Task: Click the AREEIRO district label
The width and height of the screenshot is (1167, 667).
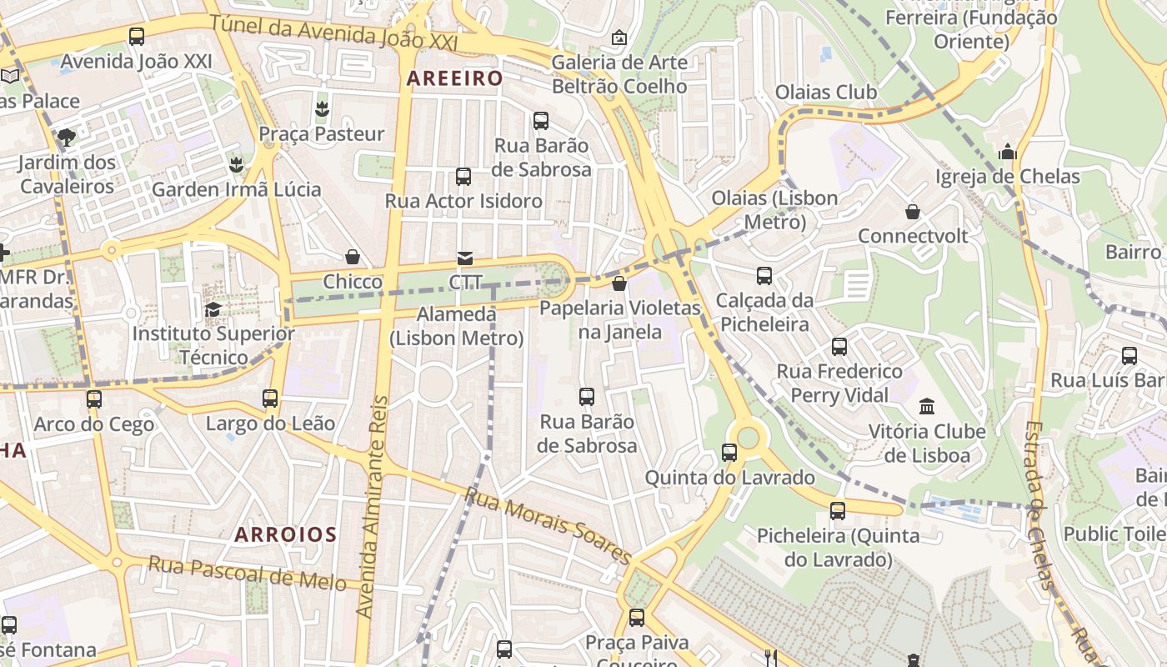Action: pos(454,79)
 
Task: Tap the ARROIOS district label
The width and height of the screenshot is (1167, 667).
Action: pos(285,534)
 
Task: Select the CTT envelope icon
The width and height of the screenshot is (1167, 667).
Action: pos(465,258)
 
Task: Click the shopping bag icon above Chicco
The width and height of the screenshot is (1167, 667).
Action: pos(353,257)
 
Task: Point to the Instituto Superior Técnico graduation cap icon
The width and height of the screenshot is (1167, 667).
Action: pos(213,310)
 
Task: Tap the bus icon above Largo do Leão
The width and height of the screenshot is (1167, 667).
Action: pos(270,399)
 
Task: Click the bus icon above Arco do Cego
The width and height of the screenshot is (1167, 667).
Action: pos(94,399)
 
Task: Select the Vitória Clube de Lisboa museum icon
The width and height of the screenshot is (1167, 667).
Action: pos(927,407)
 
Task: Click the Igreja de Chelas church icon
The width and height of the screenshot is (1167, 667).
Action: pos(1008,153)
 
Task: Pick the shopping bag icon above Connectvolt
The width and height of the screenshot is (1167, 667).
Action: pos(913,212)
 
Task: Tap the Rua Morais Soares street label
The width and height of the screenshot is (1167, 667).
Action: pos(548,525)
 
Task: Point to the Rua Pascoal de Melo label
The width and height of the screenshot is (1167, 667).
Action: pos(247,573)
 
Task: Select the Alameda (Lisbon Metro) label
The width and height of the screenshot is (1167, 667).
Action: pos(456,327)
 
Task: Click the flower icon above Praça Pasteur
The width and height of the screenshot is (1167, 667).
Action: pos(322,108)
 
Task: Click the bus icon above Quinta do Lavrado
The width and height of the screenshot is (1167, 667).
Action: pos(729,453)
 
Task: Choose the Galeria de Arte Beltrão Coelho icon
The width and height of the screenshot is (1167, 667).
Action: pos(619,38)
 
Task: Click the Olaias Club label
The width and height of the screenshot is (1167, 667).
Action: pos(826,92)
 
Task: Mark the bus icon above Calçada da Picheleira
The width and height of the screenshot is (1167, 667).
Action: pos(764,276)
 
